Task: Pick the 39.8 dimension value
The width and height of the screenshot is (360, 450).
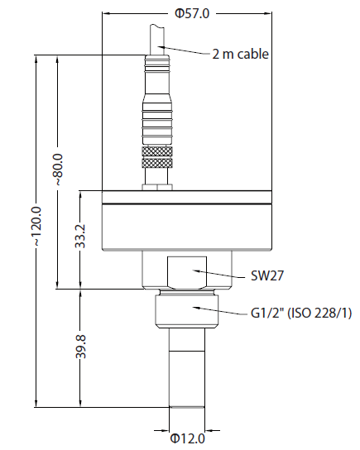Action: (x=79, y=347)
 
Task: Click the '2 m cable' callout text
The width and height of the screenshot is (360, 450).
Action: (x=241, y=55)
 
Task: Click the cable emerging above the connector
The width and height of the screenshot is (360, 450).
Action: (x=157, y=36)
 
